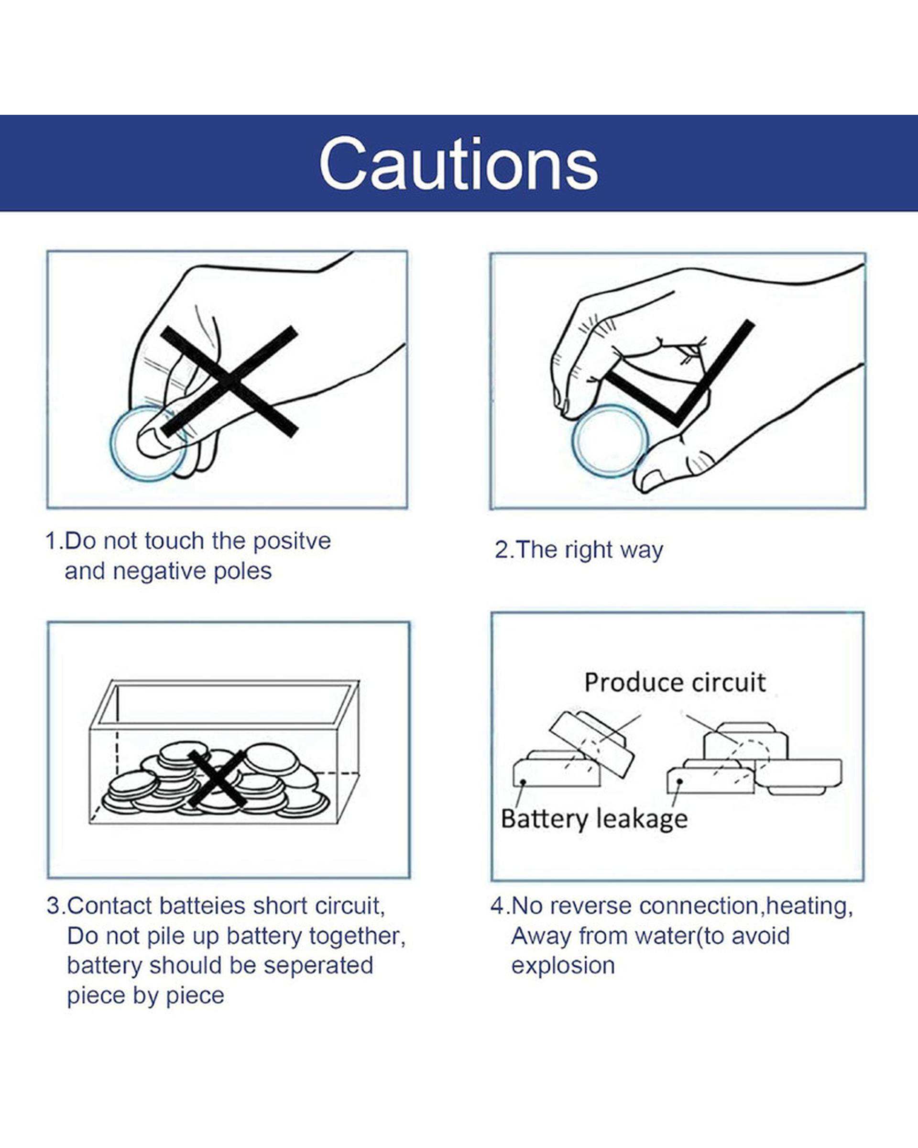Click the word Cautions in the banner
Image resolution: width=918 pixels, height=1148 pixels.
point(459,164)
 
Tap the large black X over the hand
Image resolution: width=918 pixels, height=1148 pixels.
point(229,381)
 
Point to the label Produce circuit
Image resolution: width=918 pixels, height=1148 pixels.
point(675,683)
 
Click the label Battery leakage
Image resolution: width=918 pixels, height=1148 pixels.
point(594,819)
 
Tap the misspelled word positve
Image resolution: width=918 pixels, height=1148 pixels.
point(292,542)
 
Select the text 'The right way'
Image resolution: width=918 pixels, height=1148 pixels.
point(590,550)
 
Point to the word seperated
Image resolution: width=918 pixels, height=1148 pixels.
point(318,966)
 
